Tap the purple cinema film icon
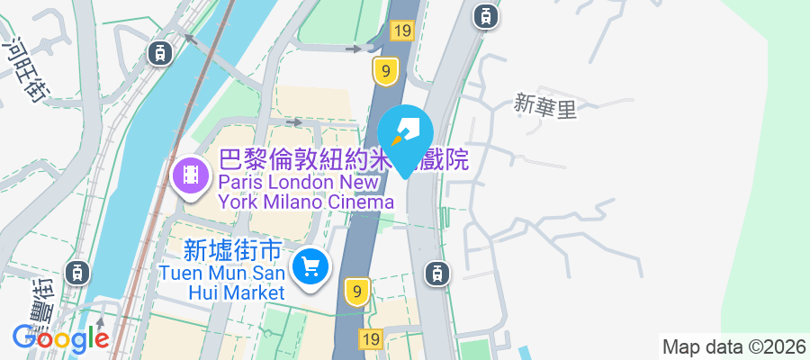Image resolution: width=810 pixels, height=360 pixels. click(191, 174)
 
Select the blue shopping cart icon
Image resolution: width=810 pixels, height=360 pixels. click(311, 266)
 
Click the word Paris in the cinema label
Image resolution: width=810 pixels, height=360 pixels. click(241, 182)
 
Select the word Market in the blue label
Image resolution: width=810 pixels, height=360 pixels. click(256, 292)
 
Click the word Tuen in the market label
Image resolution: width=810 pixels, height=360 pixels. click(180, 273)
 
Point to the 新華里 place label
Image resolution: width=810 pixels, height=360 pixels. click(544, 105)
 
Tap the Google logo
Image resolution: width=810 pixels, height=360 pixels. click(60, 338)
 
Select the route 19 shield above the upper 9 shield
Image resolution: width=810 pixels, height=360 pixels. click(401, 31)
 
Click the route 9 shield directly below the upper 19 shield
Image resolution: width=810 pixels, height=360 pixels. click(385, 70)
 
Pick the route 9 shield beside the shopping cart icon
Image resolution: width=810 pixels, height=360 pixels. click(357, 291)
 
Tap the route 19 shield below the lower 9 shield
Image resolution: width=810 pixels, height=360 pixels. click(370, 338)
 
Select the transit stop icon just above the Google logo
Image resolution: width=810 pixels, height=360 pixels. click(78, 271)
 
